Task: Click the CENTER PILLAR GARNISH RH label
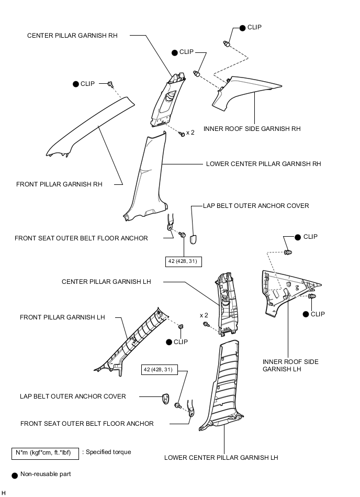pos(72,36)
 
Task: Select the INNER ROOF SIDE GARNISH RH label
pos(252,128)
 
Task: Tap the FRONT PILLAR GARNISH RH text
pos(59,184)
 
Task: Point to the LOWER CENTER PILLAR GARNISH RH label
pos(264,164)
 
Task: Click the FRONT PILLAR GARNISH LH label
pos(62,317)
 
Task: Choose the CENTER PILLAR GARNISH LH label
pos(106,281)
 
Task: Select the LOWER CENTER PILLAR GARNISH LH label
pos(221,457)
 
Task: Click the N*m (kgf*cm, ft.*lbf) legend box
pos(45,452)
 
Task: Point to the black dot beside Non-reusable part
pos(15,474)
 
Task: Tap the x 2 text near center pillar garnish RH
pos(190,133)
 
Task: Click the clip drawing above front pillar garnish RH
pos(110,84)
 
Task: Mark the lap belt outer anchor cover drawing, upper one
pos(193,239)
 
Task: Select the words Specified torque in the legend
pos(108,452)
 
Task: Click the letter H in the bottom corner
pos(4,493)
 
